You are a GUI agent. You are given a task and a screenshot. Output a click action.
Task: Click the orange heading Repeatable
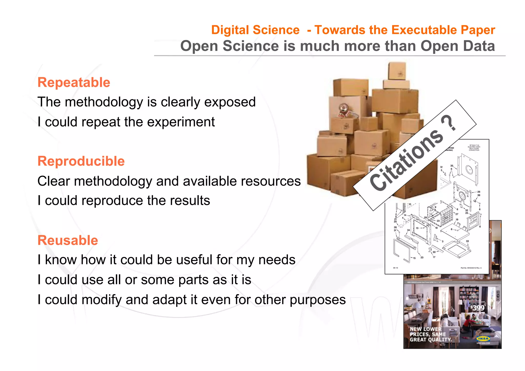pos(74,83)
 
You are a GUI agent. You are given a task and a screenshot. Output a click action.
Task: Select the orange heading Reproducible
pos(81,161)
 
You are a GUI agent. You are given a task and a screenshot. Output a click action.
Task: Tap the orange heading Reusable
pos(68,240)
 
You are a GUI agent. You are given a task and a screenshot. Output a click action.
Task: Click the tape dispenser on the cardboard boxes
pos(344,110)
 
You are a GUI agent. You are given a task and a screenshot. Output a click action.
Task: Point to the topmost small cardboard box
pos(397,71)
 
